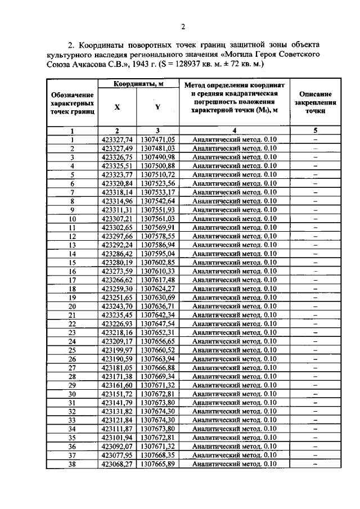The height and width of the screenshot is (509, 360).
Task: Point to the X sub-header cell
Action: (117, 107)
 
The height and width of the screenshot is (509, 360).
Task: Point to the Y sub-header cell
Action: (157, 107)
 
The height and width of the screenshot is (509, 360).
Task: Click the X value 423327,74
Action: (118, 139)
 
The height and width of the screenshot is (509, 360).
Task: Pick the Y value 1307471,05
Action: (158, 139)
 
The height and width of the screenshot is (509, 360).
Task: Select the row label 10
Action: (72, 218)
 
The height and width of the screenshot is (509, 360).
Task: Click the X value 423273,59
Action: (118, 271)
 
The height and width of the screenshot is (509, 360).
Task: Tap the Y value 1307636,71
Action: (158, 306)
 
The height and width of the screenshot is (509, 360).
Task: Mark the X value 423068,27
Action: (118, 464)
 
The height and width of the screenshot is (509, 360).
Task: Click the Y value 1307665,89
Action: (158, 464)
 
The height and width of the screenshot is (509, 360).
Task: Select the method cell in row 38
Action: (234, 464)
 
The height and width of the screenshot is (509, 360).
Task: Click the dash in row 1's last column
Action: (315, 139)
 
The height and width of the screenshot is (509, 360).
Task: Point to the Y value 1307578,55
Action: (158, 236)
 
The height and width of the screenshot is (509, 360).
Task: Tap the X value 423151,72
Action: (118, 394)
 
